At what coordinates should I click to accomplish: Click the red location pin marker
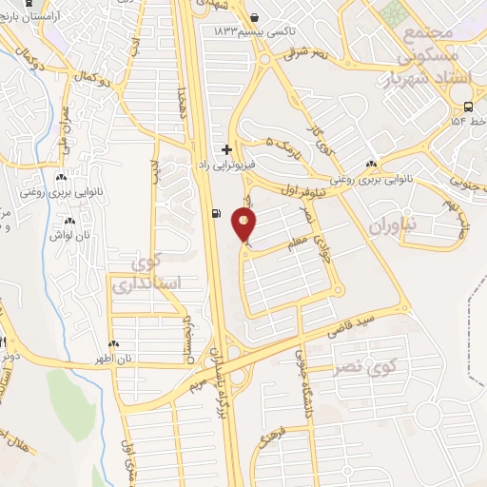pyautogui.click(x=244, y=225)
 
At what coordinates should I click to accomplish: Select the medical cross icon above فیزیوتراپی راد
pyautogui.click(x=226, y=149)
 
